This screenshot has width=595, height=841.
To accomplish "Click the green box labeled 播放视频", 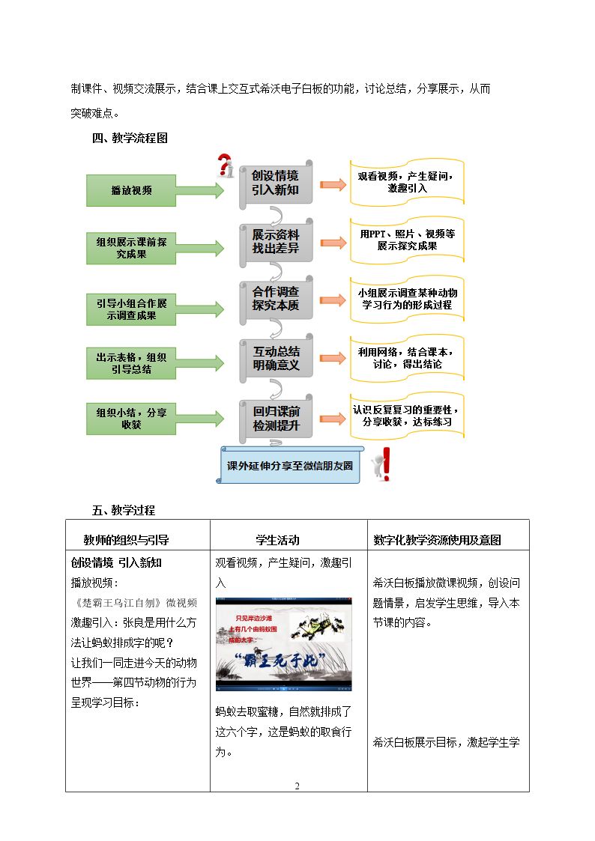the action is (131, 190).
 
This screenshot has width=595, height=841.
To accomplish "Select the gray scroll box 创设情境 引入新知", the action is (276, 183).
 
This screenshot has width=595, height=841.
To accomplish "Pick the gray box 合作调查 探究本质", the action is (276, 300).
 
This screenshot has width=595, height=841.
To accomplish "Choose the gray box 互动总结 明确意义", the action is (276, 359).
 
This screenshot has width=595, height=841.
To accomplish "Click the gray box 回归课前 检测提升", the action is (276, 419).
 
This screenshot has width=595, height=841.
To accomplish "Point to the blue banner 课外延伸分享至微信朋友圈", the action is (290, 465).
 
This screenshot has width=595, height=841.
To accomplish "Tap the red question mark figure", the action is (226, 166).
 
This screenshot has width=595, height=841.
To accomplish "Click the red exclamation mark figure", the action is (381, 464).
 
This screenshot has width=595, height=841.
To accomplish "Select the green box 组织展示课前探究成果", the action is (131, 249).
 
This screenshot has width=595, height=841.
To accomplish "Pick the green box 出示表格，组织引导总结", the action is (131, 363).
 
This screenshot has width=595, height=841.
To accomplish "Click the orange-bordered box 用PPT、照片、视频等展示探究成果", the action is (407, 240).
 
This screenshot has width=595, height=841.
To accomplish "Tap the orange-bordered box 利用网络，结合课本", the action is (407, 358).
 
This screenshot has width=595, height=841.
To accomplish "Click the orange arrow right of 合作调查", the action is (333, 300).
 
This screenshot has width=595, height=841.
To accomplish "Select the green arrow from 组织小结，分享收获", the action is (199, 419).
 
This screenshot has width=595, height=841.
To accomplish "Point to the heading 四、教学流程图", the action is (130, 138).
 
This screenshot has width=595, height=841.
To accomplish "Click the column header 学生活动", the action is (277, 540).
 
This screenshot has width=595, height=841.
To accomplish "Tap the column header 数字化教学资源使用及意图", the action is (438, 540).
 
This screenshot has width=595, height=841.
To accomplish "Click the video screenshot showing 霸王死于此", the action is (284, 644).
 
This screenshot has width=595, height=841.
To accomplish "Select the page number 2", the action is (297, 786).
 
